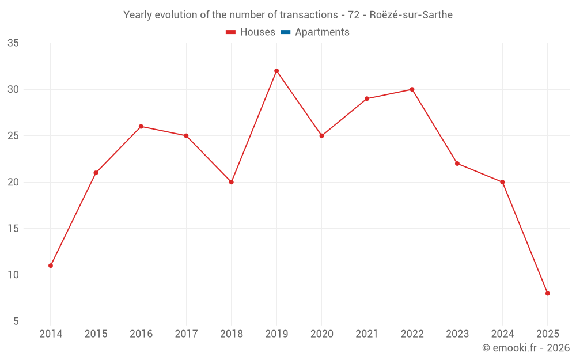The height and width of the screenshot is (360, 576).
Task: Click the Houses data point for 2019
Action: [276, 71]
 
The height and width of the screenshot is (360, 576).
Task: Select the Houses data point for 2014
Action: [51, 266]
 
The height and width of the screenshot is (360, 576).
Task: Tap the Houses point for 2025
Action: [548, 293]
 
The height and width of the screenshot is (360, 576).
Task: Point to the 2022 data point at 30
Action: [412, 89]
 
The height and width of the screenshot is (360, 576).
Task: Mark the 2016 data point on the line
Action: [141, 126]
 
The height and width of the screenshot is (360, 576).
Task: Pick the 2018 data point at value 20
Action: [232, 182]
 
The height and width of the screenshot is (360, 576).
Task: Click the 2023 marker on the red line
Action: [457, 164]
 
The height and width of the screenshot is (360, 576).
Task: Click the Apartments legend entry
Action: [321, 32]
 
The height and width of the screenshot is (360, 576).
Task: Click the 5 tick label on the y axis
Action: [16, 321]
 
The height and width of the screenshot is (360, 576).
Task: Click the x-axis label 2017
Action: [186, 334]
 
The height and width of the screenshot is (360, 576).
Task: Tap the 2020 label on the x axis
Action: [321, 334]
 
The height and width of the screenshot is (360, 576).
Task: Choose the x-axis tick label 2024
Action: [502, 334]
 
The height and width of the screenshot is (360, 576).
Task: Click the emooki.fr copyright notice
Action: [526, 348]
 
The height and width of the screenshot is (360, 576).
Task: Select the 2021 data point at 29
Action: [367, 98]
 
